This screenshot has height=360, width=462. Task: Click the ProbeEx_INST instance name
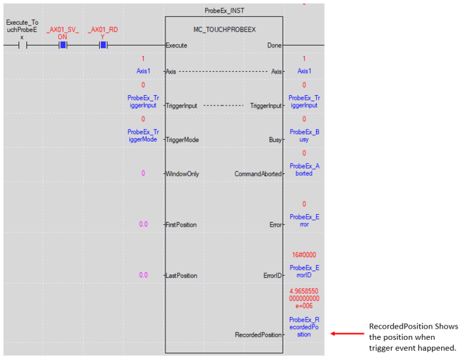(x=224, y=10)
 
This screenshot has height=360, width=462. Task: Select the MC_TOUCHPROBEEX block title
(x=224, y=29)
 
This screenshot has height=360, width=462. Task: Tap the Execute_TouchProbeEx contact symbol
(x=21, y=46)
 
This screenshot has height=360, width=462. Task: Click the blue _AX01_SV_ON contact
(x=62, y=46)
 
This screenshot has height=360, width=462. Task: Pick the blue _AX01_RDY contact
(x=103, y=46)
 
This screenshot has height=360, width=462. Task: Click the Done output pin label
(x=274, y=46)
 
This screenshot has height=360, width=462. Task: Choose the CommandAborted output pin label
(x=258, y=174)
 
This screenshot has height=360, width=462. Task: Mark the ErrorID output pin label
(x=271, y=276)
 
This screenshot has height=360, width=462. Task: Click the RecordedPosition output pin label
(x=258, y=334)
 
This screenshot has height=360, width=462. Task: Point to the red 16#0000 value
(x=304, y=256)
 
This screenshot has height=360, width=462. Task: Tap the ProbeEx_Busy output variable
(x=304, y=136)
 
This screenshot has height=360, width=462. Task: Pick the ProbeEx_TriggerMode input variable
(x=143, y=136)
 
